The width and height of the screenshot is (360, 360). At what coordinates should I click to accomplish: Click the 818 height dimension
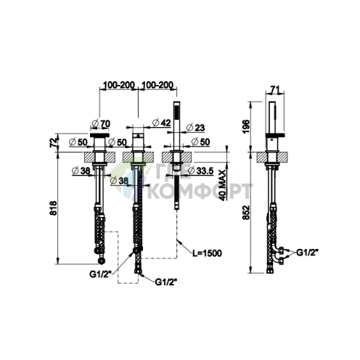coord(53,208)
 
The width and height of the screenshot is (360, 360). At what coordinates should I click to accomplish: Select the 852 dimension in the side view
coord(246,213)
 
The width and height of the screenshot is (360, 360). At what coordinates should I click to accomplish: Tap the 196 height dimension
coord(246,126)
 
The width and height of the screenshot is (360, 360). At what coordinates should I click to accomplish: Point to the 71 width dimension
coord(275,90)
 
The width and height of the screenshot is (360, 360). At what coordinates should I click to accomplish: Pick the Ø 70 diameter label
coord(101,123)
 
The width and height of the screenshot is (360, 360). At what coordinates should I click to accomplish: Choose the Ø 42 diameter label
coord(162,123)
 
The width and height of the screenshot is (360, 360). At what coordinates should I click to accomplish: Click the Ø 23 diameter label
coord(195,128)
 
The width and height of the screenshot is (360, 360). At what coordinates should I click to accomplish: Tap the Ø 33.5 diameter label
coord(200,171)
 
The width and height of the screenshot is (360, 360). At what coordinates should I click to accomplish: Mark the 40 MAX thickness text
coord(223,185)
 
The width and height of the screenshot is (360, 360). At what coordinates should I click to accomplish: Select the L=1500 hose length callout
coord(207,253)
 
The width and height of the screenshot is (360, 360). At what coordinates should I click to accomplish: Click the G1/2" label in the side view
coord(307,253)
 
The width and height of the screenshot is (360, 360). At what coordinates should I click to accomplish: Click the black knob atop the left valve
coord(99,135)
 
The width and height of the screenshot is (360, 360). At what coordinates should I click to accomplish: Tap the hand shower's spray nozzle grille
coord(176,112)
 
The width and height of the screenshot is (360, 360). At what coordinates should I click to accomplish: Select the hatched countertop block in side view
coord(272,157)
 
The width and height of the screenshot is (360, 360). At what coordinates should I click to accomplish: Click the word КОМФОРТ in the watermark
coord(200,191)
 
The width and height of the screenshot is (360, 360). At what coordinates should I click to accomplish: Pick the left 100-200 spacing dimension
coord(119,85)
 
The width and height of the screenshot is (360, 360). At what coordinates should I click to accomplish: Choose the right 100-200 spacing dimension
coord(157,85)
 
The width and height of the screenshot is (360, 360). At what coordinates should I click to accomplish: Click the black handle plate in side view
coord(275,135)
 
